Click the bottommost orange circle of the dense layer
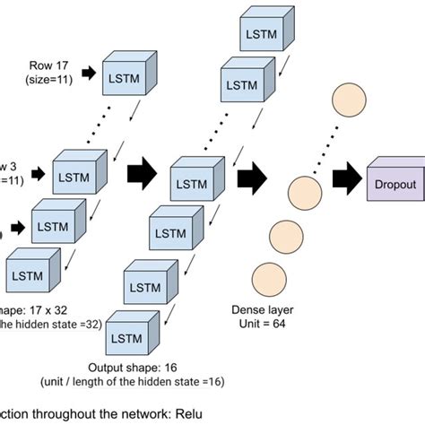point(268,279)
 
